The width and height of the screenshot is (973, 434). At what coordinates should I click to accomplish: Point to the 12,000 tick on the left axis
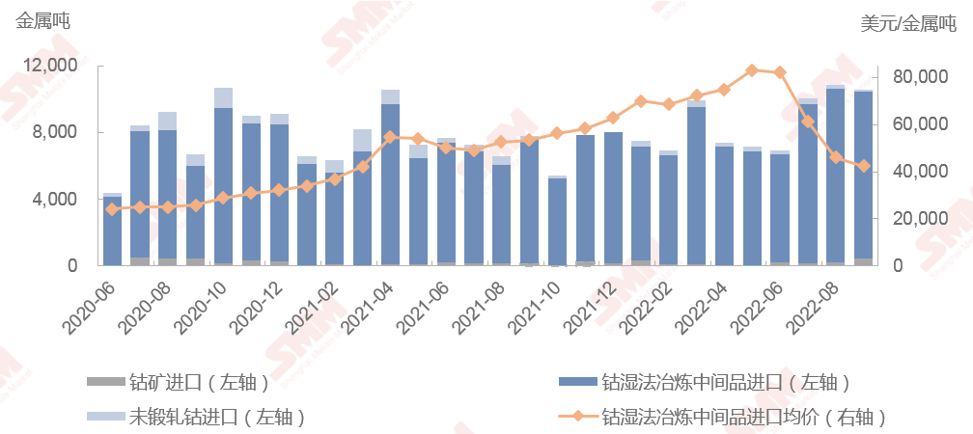[x=51, y=66]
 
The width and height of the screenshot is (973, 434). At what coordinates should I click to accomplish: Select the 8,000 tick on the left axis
[x=56, y=132]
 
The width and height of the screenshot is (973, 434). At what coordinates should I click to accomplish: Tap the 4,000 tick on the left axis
[x=56, y=200]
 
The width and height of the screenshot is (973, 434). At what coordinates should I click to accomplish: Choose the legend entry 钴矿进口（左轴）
[x=199, y=382]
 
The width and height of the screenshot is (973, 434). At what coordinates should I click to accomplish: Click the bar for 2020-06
[x=112, y=231]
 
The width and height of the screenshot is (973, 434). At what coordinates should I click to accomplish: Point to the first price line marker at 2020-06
[x=112, y=209]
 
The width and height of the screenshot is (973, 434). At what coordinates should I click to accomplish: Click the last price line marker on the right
[x=863, y=166]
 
